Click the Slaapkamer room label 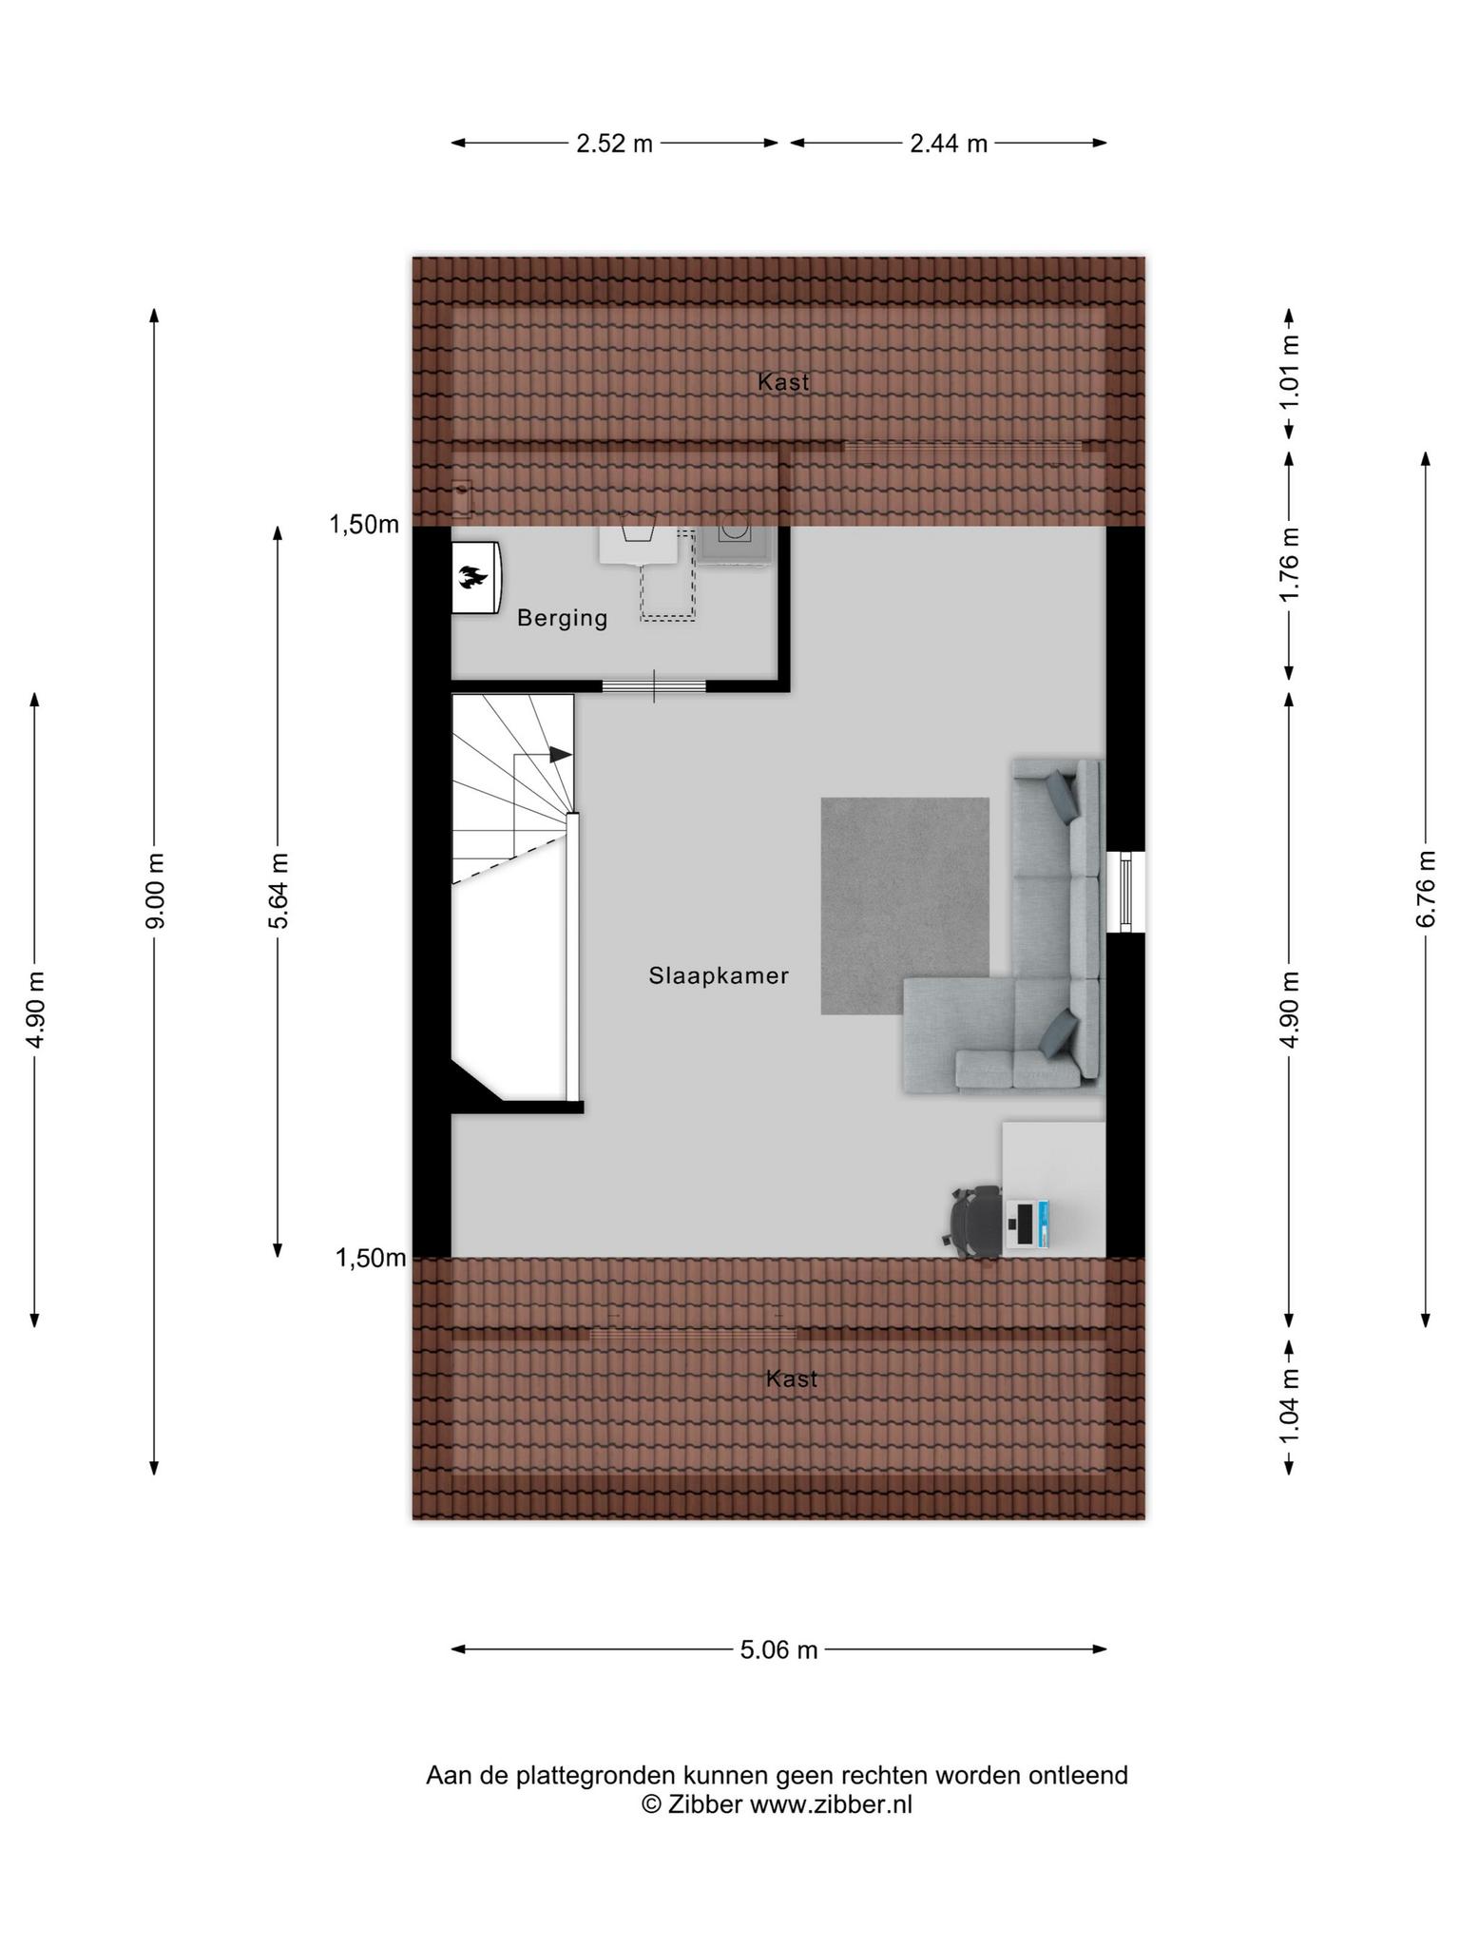coord(719,975)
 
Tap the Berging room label coord(562,619)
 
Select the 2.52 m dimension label coord(614,144)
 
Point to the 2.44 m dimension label coord(949,144)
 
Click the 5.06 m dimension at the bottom coord(778,1649)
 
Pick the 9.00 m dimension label coord(155,892)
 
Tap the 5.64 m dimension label coord(278,892)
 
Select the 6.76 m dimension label coord(1425,888)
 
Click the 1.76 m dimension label coord(1289,565)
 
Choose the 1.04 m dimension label coord(1289,1406)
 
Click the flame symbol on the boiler coord(473,576)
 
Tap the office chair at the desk coord(973,1222)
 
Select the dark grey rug coord(904,906)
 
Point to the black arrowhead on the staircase coord(561,755)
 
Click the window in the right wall coord(1126,892)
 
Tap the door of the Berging coord(654,685)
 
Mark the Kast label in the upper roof coord(783,382)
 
